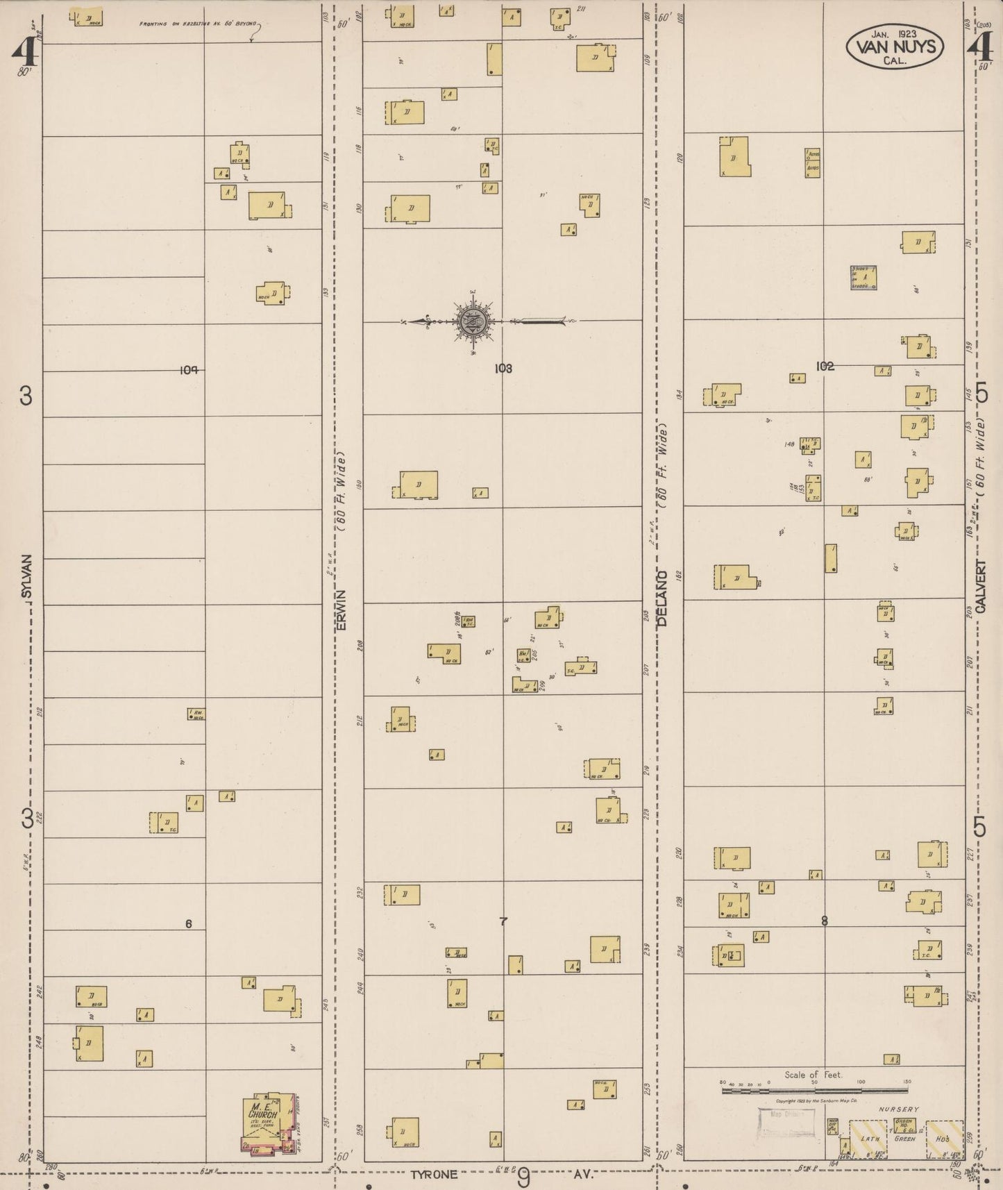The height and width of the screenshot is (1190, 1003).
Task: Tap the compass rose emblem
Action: pos(475,321)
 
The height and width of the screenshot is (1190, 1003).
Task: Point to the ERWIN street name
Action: pos(341,611)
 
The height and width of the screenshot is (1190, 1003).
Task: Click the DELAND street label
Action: pos(662,598)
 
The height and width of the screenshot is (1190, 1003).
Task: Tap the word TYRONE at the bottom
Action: pos(434,1175)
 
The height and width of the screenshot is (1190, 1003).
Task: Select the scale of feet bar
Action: pos(814,1090)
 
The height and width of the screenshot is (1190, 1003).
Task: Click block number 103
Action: pos(503,369)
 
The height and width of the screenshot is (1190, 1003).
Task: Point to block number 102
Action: pos(825,367)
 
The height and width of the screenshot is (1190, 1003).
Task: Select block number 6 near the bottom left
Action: pos(188,923)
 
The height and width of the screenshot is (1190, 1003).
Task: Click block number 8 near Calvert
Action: pos(825,921)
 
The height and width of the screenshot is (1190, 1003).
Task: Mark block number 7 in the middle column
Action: pos(504,921)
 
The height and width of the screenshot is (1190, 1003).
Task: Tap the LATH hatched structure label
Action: pos(870,1139)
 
